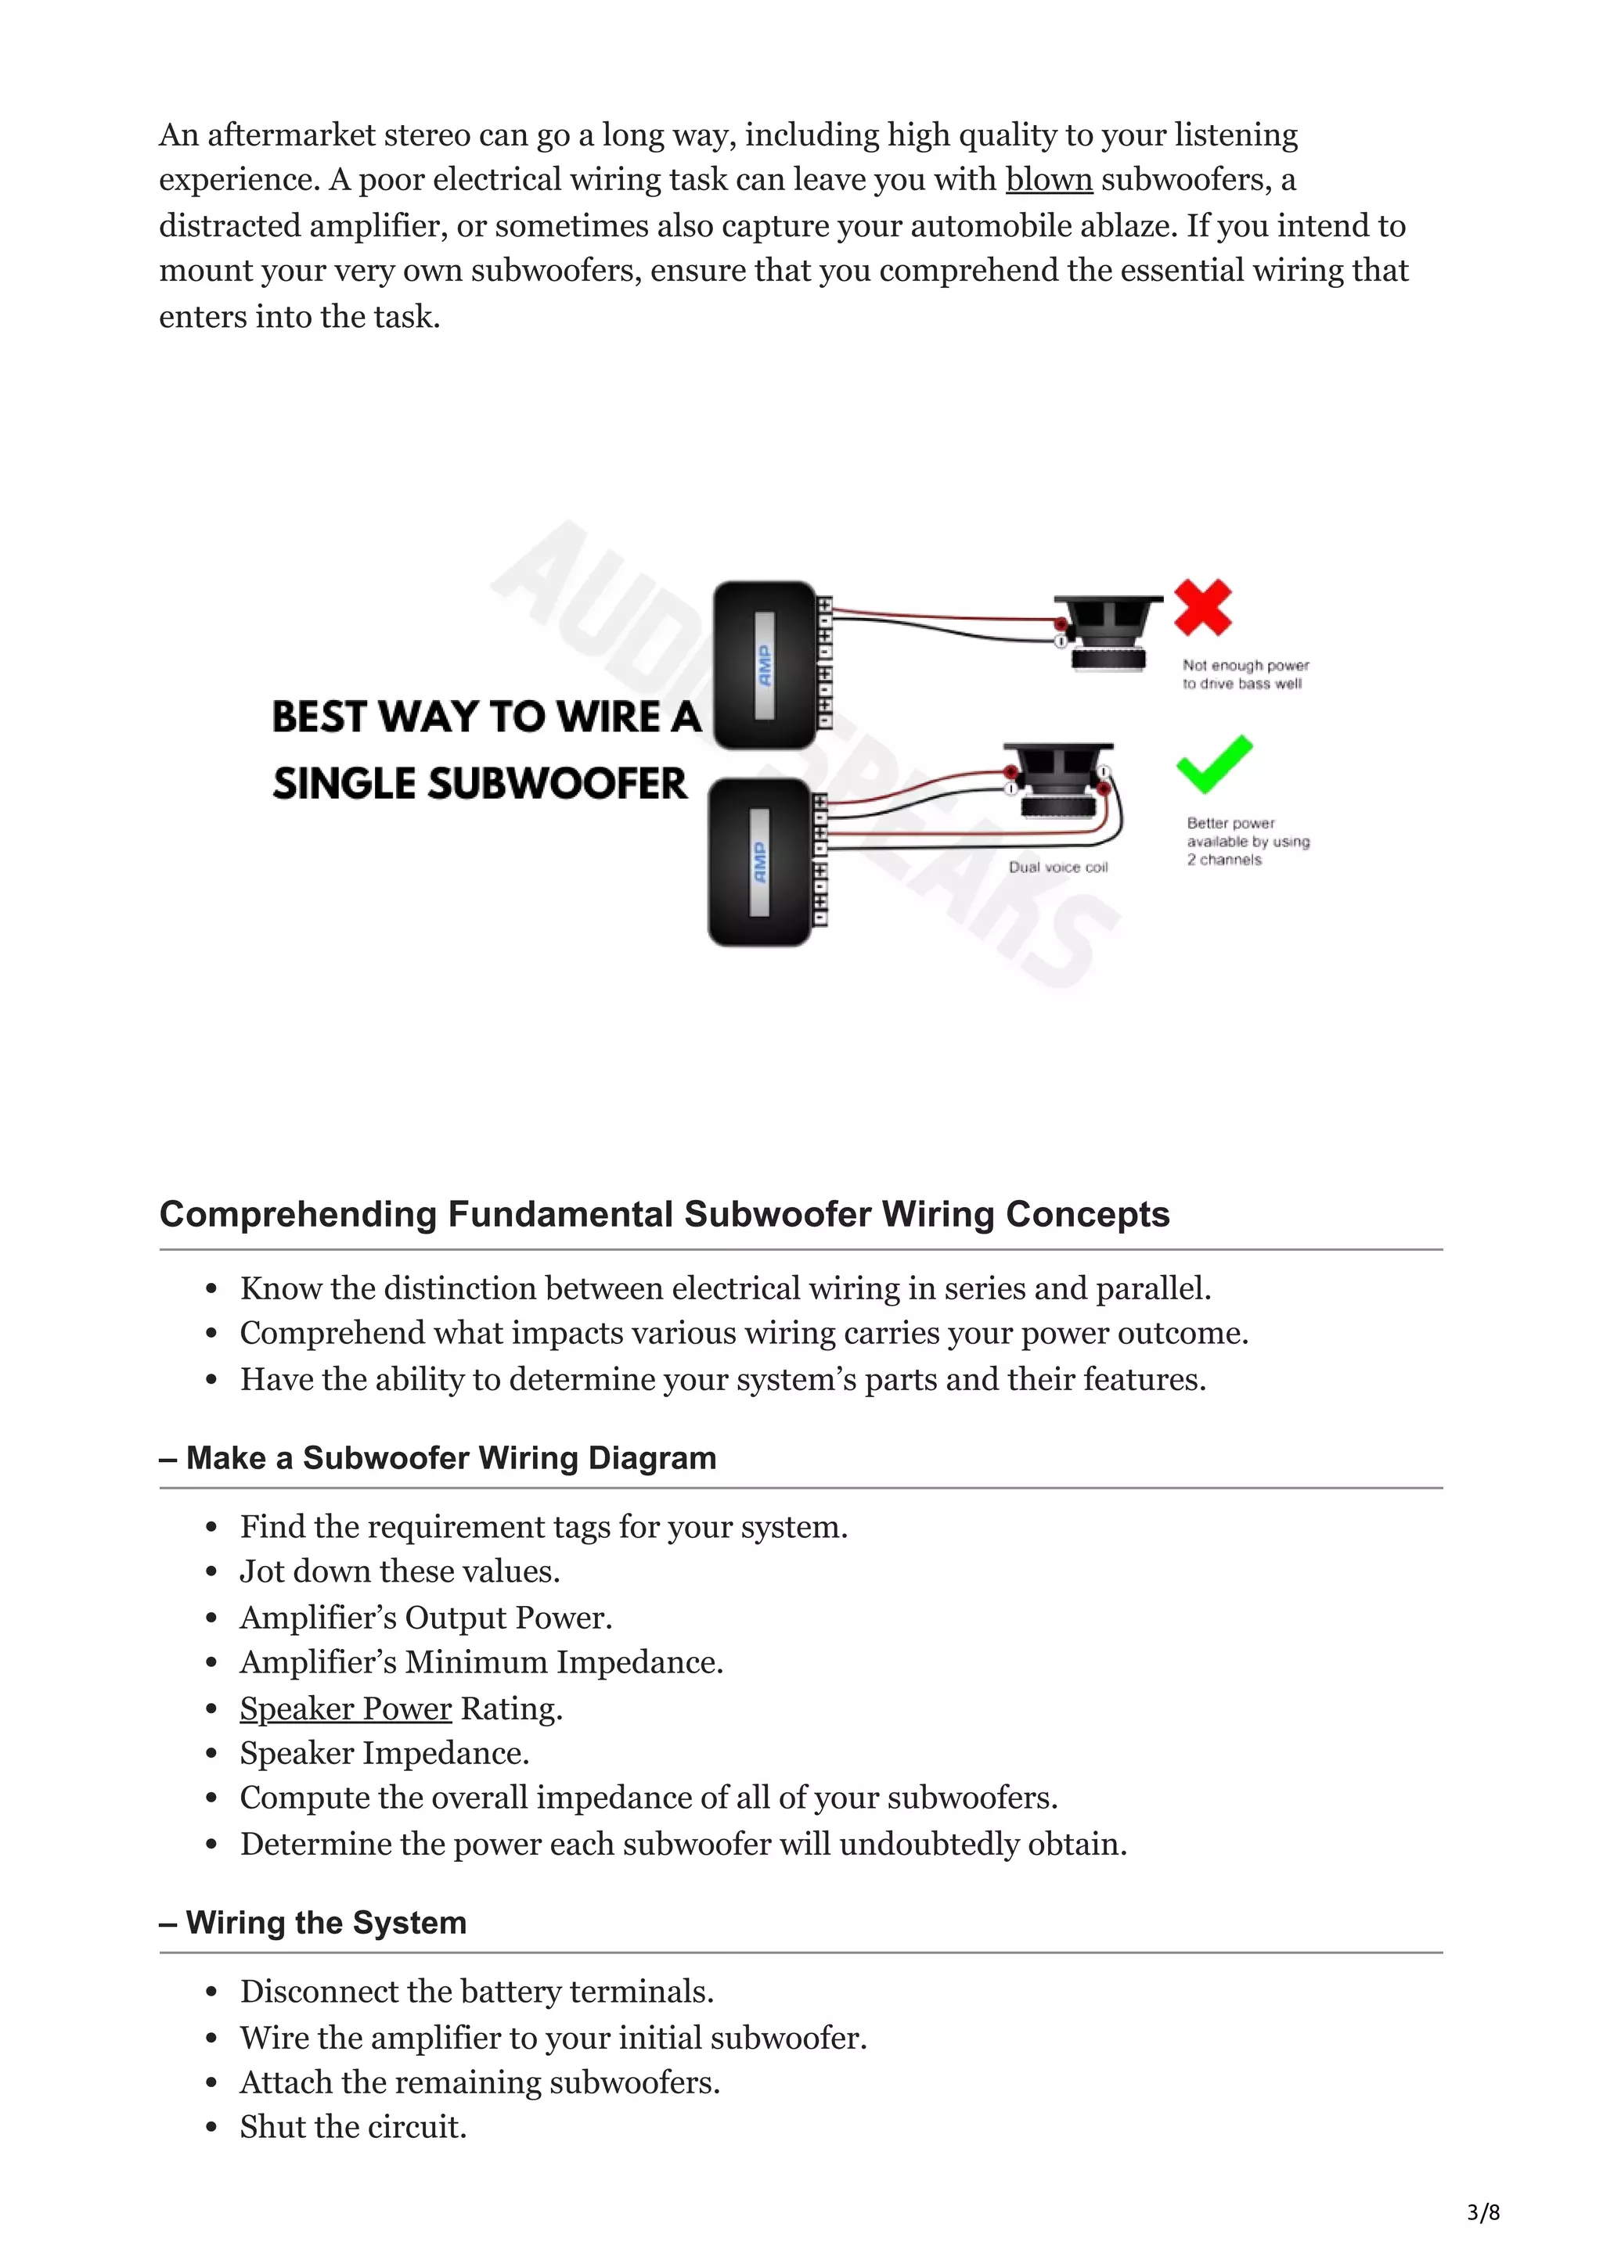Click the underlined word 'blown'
[x=1048, y=180]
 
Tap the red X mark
[x=1202, y=606]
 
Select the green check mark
[x=1214, y=763]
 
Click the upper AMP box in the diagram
[x=765, y=663]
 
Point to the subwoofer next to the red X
[x=1108, y=632]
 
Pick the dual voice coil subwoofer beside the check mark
[x=1057, y=780]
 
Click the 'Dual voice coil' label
[x=1057, y=867]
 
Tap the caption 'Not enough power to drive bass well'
[x=1245, y=674]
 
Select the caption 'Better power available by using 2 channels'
[x=1248, y=841]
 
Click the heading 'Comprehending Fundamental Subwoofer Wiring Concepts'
[x=664, y=1213]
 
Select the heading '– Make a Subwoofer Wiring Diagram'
[x=438, y=1457]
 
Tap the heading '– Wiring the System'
[x=313, y=1922]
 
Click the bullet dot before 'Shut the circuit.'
[x=211, y=2128]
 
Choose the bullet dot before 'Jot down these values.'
[x=211, y=1573]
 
